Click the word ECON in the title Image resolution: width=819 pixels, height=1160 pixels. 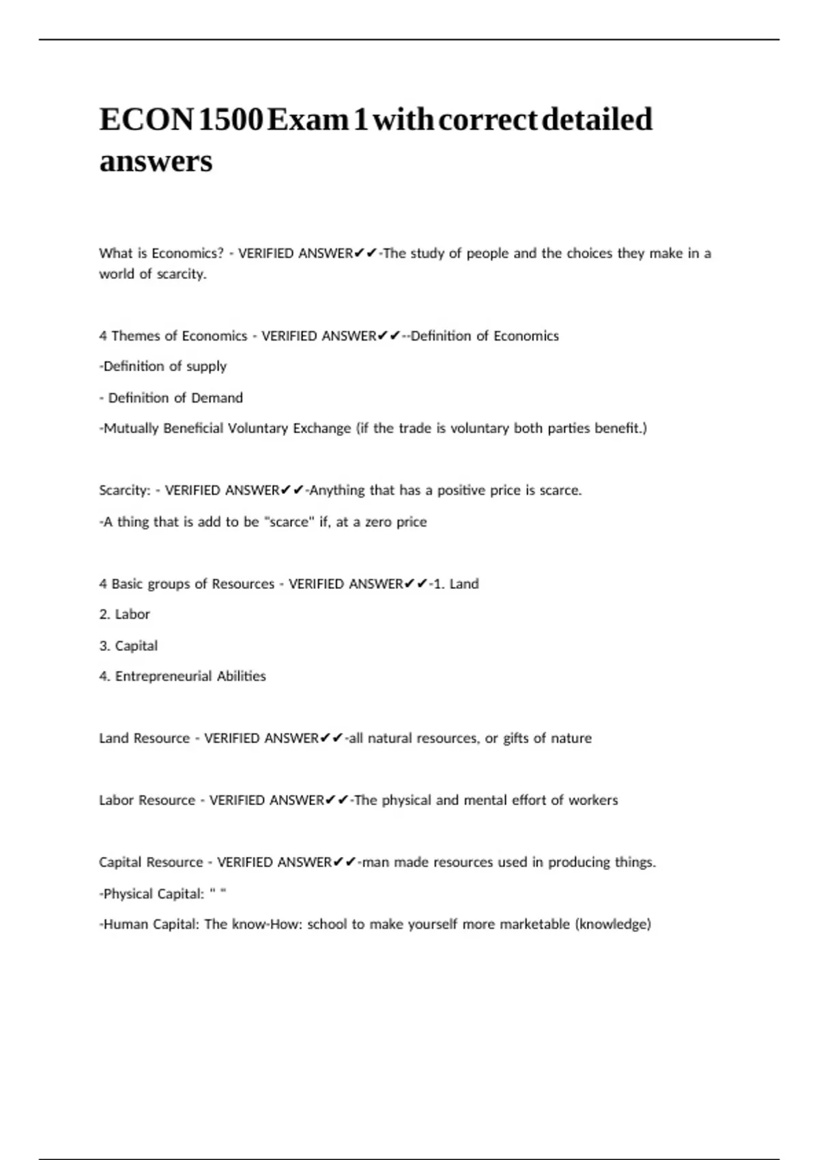pos(147,119)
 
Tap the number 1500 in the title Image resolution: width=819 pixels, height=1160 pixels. pos(230,119)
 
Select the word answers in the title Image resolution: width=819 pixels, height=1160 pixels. pos(156,162)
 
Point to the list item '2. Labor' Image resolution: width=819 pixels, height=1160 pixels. pos(124,614)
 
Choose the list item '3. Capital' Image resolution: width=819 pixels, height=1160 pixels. pos(128,646)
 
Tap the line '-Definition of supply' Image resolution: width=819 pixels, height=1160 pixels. pos(162,366)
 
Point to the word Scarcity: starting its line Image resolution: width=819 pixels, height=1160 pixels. pos(124,491)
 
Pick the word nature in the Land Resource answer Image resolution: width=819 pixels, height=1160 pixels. pos(571,738)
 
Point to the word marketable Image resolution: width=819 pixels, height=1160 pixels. pos(534,925)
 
